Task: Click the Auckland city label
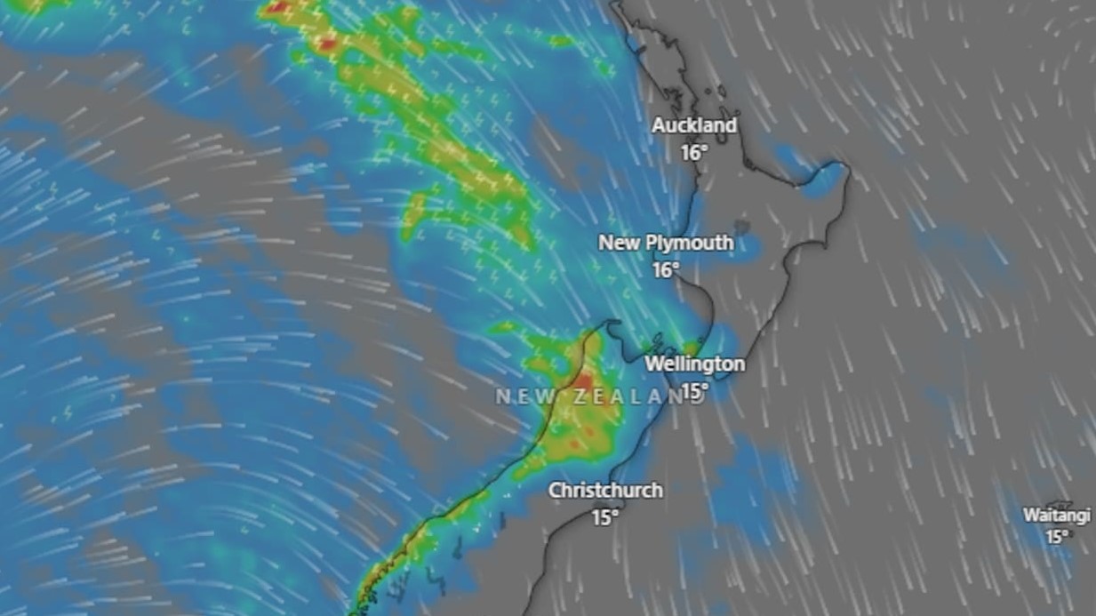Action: (694, 125)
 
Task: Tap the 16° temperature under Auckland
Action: (694, 153)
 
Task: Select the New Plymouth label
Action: (666, 243)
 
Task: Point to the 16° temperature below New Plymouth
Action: (666, 270)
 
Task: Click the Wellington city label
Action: (694, 364)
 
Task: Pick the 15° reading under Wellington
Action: (694, 390)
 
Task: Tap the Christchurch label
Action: (604, 491)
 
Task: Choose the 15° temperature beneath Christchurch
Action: (605, 517)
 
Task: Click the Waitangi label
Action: (1056, 516)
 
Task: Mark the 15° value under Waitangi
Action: (1056, 537)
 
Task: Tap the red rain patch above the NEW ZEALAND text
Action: (582, 381)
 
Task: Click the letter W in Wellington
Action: (653, 364)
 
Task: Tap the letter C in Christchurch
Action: (555, 491)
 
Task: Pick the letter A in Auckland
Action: (659, 125)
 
